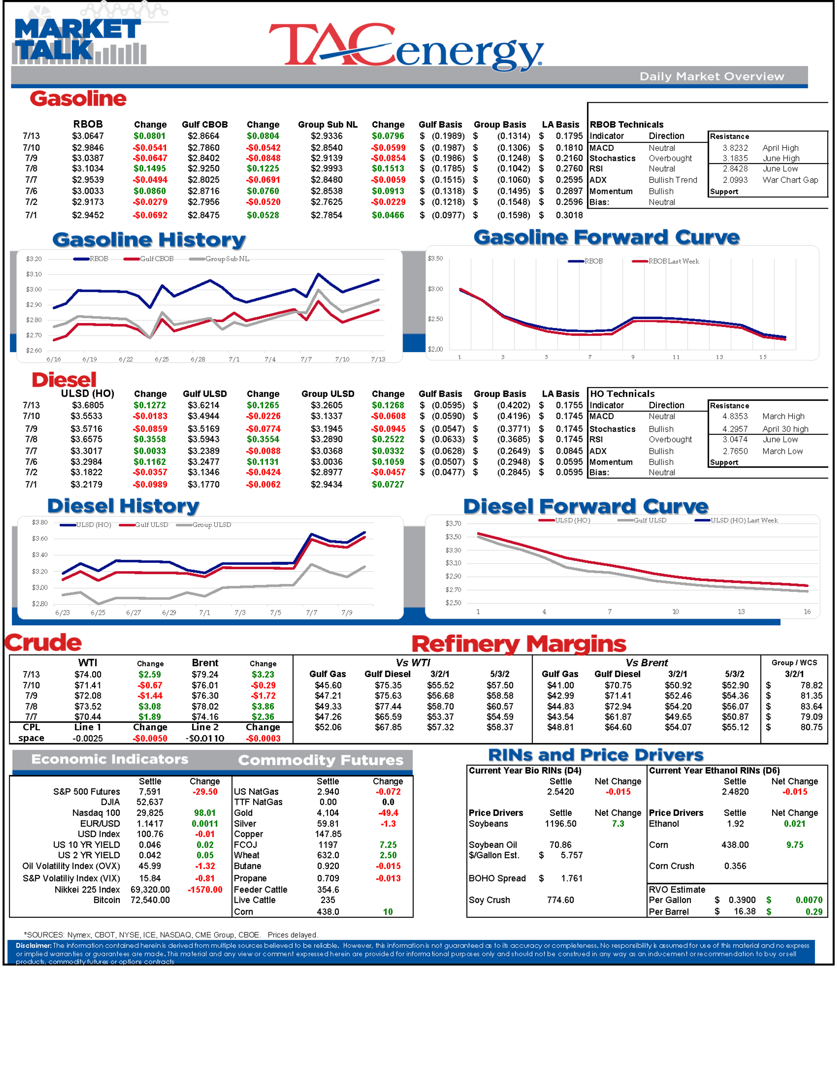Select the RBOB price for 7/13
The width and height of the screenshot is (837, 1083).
click(x=88, y=136)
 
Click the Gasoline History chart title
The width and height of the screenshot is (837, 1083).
click(x=149, y=240)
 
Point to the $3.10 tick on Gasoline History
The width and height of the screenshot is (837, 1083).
click(x=34, y=274)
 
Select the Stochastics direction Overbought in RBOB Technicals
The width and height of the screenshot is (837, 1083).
click(x=670, y=158)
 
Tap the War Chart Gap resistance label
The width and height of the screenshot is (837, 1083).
click(x=790, y=180)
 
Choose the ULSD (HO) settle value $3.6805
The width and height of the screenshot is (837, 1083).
click(x=88, y=405)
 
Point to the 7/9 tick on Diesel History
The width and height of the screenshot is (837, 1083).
click(x=347, y=613)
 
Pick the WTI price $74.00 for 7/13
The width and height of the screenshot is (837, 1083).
click(x=88, y=674)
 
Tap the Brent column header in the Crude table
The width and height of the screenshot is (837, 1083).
click(x=205, y=663)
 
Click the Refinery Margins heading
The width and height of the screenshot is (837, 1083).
click(x=519, y=644)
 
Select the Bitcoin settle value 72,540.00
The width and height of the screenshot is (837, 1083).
click(x=150, y=900)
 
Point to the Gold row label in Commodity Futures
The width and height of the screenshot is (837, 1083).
click(x=243, y=813)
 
